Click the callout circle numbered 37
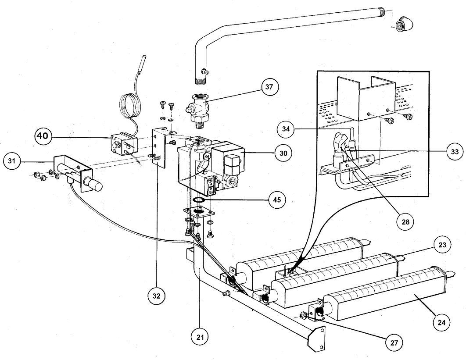[269, 87]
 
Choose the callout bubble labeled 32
[157, 296]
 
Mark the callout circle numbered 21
[201, 337]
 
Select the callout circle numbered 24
[441, 323]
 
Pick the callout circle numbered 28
[405, 221]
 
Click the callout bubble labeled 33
[454, 151]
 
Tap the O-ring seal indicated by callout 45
[199, 200]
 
